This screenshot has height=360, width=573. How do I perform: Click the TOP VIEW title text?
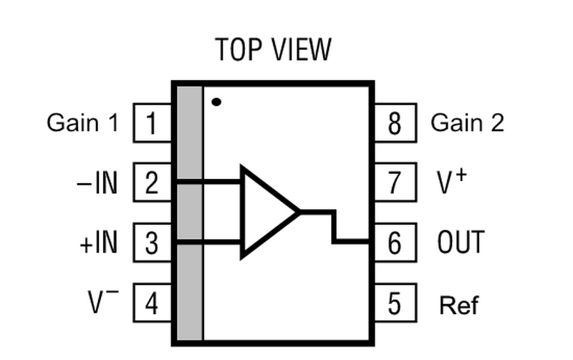pos(274,50)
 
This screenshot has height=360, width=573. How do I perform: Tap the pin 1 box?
pos(151,123)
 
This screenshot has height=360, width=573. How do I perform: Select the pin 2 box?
pos(151,183)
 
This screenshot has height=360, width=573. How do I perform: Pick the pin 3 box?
pos(151,243)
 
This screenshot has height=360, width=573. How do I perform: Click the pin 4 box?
pos(151,304)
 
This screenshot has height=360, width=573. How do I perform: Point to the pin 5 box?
pos(395,304)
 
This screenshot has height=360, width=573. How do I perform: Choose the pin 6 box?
pos(395,243)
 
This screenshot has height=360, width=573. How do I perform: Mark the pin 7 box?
pos(395,183)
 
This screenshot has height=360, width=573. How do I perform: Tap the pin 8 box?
pos(395,123)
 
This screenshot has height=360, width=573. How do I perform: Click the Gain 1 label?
pos(82,122)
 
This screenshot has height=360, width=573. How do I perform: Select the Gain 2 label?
pos(467,122)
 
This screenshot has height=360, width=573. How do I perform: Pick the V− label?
pos(102,303)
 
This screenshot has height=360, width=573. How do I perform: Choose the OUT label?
pos(461,243)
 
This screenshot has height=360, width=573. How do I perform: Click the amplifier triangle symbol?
pos(265,212)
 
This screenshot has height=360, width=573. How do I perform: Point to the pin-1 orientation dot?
pos(216,102)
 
